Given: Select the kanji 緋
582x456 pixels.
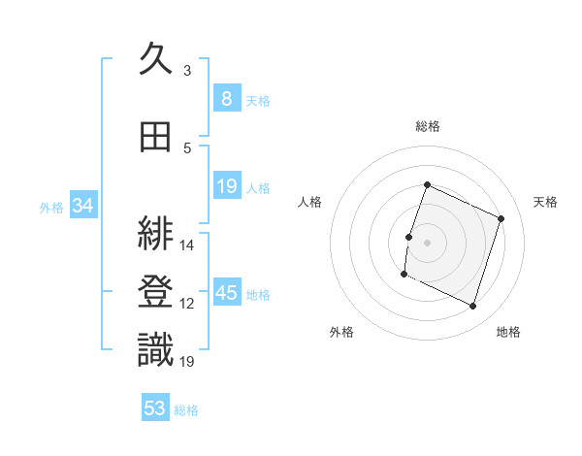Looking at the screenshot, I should click(155, 234).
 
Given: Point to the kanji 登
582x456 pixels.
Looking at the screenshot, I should click(155, 291).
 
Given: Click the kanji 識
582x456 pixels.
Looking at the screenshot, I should click(155, 348).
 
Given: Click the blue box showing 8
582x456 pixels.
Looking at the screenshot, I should click(226, 98).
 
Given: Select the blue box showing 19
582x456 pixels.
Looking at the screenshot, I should click(226, 185).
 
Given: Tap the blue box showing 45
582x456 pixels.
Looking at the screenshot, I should click(227, 293).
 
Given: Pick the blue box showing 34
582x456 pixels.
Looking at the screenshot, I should click(82, 206).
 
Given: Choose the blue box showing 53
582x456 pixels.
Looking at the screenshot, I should click(155, 408).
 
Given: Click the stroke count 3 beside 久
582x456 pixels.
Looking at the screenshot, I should click(187, 71).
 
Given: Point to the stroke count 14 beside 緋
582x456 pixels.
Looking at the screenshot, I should click(187, 245).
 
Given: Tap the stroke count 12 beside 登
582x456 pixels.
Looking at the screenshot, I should click(187, 304).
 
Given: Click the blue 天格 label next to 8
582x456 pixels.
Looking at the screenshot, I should click(258, 100).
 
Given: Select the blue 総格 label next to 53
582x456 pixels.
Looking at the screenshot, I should click(186, 410).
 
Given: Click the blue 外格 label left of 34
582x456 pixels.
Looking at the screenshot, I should click(51, 208).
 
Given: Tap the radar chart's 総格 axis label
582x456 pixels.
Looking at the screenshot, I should click(427, 126).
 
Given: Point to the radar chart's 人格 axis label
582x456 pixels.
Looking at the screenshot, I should click(309, 202).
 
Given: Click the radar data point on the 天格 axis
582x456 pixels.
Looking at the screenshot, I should click(501, 218).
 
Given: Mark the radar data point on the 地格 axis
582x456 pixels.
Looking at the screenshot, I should click(472, 307).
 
